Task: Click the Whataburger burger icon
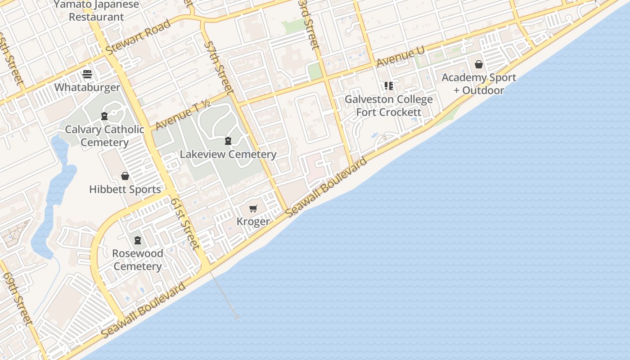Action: (x=87, y=74)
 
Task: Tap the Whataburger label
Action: (x=87, y=87)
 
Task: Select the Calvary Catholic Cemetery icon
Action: (x=104, y=117)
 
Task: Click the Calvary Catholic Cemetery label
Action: (x=104, y=136)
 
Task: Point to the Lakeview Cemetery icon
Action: (x=228, y=141)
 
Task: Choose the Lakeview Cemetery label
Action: (x=228, y=154)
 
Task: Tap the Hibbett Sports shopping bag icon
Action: (x=125, y=176)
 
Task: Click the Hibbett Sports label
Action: (x=125, y=189)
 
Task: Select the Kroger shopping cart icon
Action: (x=253, y=208)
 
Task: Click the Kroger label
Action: (x=253, y=221)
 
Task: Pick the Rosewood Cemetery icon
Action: (x=138, y=240)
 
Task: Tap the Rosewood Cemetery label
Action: (x=138, y=260)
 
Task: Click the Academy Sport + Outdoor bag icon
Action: (x=479, y=64)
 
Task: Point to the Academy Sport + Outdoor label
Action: (x=479, y=84)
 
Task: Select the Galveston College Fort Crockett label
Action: (x=389, y=106)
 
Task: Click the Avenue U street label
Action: (x=400, y=57)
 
